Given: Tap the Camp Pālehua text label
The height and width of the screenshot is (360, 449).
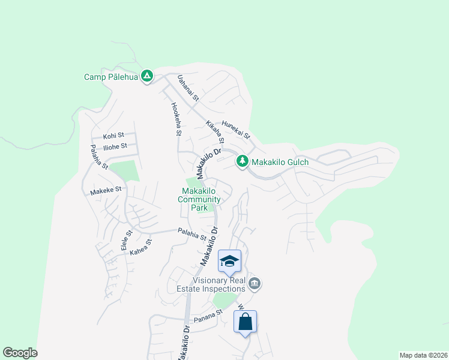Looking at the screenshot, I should [x=112, y=77].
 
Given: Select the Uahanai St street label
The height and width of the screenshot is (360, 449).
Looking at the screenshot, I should [x=188, y=88].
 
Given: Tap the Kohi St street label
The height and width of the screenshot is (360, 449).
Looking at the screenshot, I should [x=113, y=136].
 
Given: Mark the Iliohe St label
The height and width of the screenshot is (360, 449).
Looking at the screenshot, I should [x=115, y=146].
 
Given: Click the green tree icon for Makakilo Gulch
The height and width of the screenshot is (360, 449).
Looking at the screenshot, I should [x=243, y=161].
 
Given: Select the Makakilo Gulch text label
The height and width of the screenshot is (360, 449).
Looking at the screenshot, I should [x=280, y=162].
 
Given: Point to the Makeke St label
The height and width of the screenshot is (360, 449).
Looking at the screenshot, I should [x=106, y=190].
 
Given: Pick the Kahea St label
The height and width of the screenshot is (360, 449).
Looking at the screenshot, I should [x=142, y=248].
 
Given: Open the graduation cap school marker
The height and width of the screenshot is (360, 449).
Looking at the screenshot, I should [x=229, y=261].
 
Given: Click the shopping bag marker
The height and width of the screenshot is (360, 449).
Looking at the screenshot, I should [x=245, y=322].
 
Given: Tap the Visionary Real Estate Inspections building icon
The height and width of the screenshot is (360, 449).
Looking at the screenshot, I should [x=254, y=283].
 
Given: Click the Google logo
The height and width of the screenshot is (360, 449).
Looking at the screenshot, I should [x=20, y=353].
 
